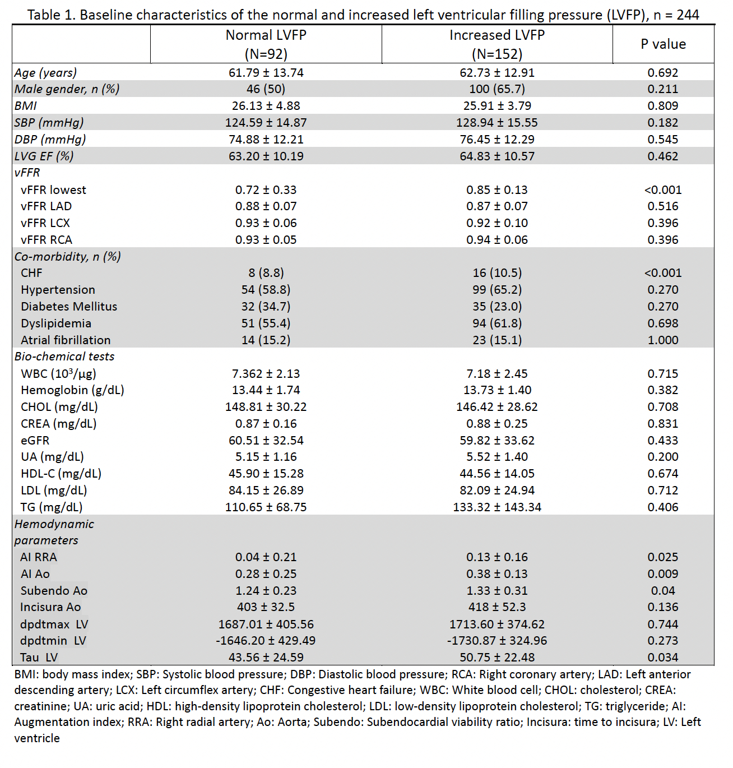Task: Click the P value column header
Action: coord(663,44)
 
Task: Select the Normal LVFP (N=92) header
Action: coord(266,44)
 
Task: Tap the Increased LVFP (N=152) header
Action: coord(497,44)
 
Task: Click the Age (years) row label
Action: coord(46,73)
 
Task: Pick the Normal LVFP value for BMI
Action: coord(266,106)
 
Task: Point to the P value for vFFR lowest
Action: coord(662,190)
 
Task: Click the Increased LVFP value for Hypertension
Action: coord(497,290)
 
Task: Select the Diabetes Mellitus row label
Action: coord(69,307)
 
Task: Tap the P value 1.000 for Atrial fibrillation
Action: coord(662,340)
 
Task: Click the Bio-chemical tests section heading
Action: coord(64,357)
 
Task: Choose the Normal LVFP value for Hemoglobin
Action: coord(266,390)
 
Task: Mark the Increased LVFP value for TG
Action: coord(497,507)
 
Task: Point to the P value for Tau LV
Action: coord(662,658)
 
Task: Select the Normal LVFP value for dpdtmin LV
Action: coord(266,641)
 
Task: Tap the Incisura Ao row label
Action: coord(50,607)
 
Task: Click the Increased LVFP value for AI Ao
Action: coord(497,574)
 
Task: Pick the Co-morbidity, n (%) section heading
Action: coord(68,257)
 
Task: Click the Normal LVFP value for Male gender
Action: coord(266,89)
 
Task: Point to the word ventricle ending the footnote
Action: coord(37,738)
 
